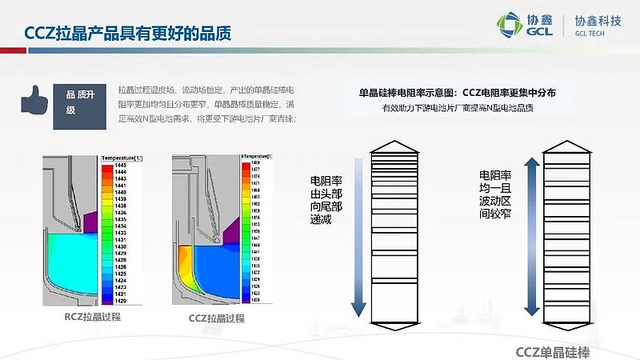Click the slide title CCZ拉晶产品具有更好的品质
point(128,33)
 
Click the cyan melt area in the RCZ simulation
point(68,256)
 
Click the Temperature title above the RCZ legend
point(121,158)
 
